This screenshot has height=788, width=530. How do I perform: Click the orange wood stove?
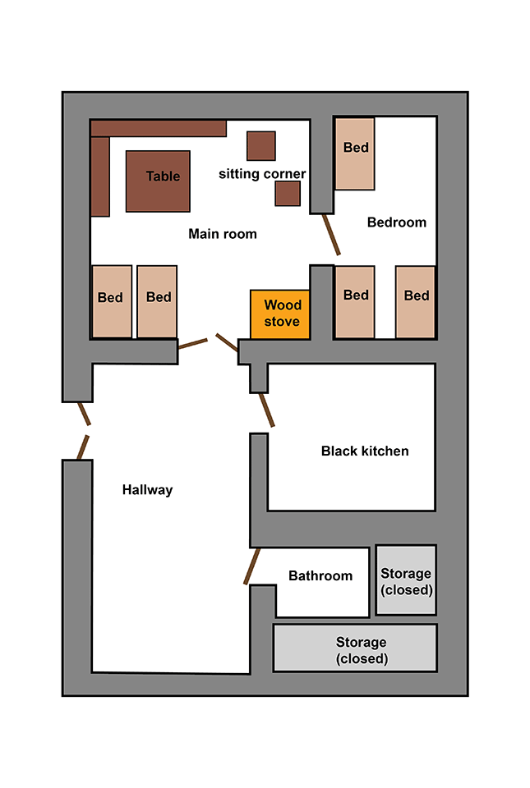click(280, 314)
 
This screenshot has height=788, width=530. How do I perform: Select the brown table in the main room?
click(158, 181)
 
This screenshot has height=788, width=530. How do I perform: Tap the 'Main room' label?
click(223, 234)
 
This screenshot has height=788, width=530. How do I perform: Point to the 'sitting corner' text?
click(262, 174)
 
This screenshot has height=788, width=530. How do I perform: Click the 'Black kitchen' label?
click(365, 451)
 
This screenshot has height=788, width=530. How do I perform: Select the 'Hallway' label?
click(148, 490)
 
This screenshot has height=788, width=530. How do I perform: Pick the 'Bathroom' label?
click(320, 576)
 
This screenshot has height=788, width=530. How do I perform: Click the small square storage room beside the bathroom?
click(406, 580)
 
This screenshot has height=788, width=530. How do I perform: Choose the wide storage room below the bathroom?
click(354, 648)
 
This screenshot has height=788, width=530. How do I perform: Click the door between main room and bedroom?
click(331, 234)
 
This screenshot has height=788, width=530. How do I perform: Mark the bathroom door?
click(252, 566)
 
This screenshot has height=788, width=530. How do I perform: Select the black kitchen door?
click(266, 410)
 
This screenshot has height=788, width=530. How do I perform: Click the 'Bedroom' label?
click(397, 222)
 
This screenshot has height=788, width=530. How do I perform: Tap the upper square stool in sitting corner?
click(261, 146)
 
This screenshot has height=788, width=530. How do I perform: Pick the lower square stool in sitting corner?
click(288, 193)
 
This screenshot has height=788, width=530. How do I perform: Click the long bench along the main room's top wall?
click(158, 128)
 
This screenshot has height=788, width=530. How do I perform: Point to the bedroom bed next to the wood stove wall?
click(355, 301)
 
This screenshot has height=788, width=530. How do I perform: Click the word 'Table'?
click(163, 176)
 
